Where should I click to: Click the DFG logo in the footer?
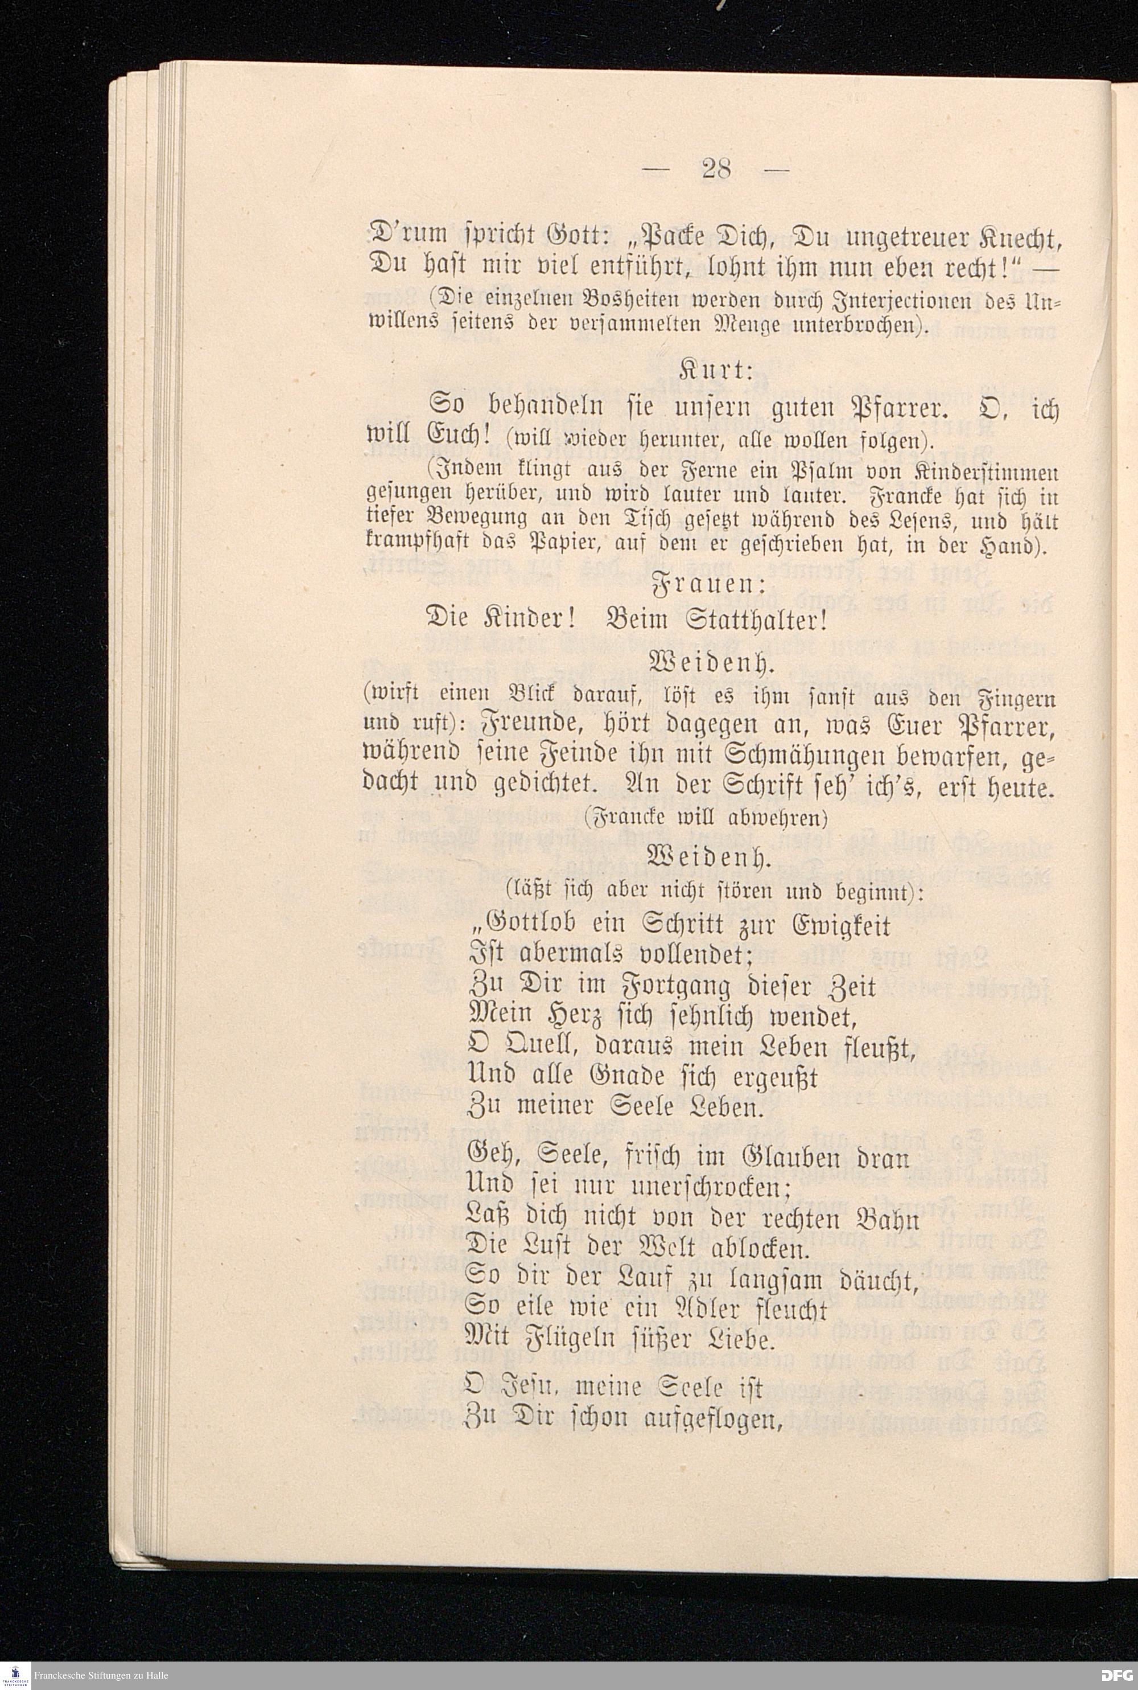point(1116,1675)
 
